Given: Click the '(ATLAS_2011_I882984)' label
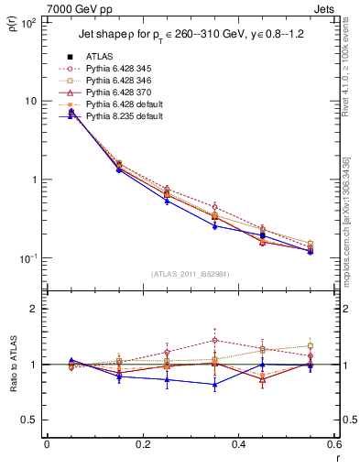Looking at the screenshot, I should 190,272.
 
